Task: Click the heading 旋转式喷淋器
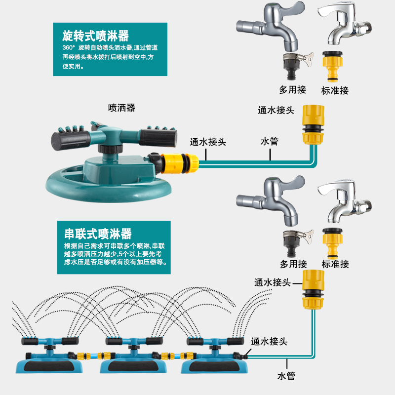coord(96,36)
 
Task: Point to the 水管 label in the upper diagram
coord(270,141)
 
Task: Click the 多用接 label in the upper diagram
coord(293,90)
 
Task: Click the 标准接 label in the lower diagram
coord(335,264)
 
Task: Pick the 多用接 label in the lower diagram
coord(293,264)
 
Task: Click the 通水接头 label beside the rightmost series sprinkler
coord(269,341)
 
